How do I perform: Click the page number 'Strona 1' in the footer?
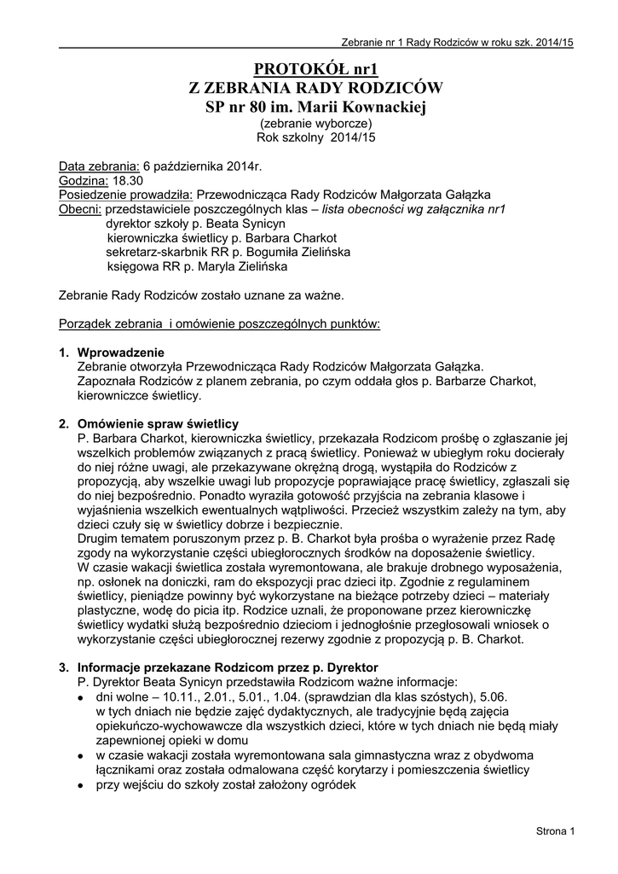[556, 830]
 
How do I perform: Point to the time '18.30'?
[128, 180]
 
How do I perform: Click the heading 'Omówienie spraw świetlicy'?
[158, 424]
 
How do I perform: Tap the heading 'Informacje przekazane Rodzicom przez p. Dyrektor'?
[227, 667]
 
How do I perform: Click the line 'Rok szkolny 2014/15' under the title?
[315, 137]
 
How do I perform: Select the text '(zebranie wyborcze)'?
[315, 123]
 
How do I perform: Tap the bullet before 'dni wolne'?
[79, 697]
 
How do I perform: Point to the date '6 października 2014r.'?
[203, 166]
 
